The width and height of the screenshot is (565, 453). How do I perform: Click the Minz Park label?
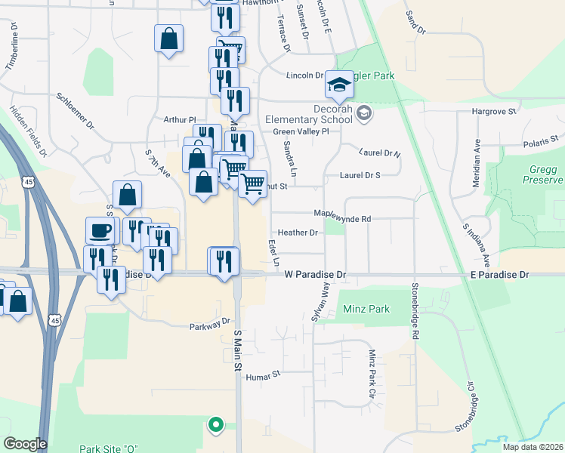[x=366, y=310]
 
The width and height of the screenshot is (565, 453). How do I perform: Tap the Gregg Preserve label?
[x=542, y=174]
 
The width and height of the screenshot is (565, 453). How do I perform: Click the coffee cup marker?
[x=102, y=230]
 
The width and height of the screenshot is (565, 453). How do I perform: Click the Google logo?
[x=26, y=444]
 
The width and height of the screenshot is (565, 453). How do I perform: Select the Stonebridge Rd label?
[x=415, y=310]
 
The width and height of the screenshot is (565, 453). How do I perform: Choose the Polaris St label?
[x=541, y=140]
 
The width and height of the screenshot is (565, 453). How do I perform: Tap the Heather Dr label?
[x=298, y=233]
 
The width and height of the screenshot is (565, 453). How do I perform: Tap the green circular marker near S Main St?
[x=216, y=425]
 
